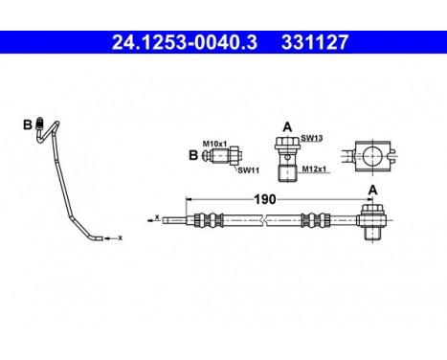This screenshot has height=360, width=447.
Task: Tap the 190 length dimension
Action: pos(265,199)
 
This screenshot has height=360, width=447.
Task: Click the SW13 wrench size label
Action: pos(310,138)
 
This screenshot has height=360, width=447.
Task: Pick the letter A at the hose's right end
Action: pos(371,189)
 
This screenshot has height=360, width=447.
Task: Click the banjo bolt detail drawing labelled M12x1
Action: pos(284,158)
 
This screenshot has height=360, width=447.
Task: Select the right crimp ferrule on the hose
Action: pos(311,219)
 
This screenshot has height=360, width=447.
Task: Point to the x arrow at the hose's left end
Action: pos(154,218)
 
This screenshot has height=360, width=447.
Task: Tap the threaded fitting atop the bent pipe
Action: pos(40,122)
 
